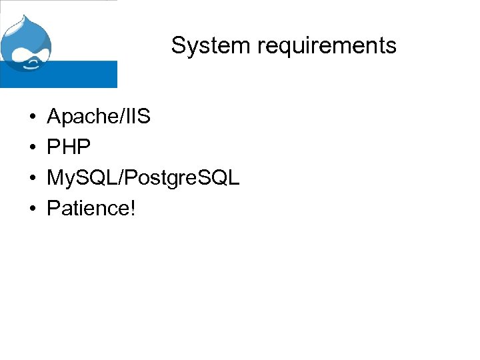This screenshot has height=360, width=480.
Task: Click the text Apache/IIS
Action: click(99, 118)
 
